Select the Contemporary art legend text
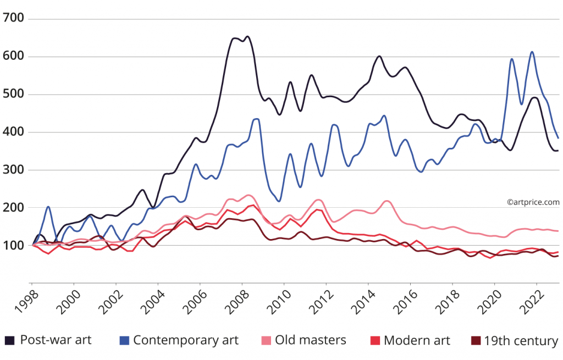(x=185, y=340)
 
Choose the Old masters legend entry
(x=311, y=340)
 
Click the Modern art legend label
(x=416, y=340)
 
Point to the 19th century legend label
(x=521, y=340)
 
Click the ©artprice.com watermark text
(x=533, y=202)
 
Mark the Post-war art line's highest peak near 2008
(x=247, y=37)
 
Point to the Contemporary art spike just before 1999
(x=48, y=207)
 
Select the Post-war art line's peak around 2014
(x=379, y=56)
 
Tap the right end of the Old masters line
(x=558, y=231)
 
